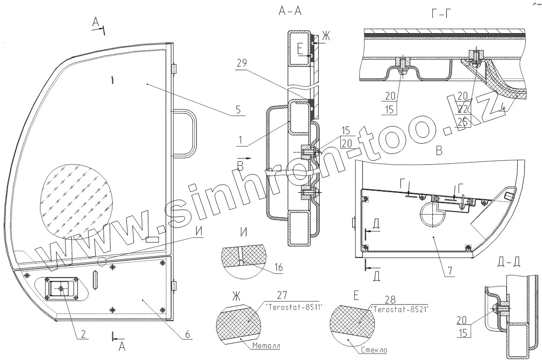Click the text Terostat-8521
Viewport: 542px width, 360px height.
point(401,309)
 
